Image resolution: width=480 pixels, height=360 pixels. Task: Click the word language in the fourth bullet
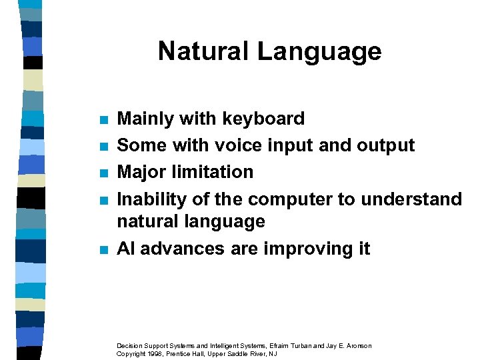tap(227, 222)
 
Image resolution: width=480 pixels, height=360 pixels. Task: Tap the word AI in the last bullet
tap(125, 249)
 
